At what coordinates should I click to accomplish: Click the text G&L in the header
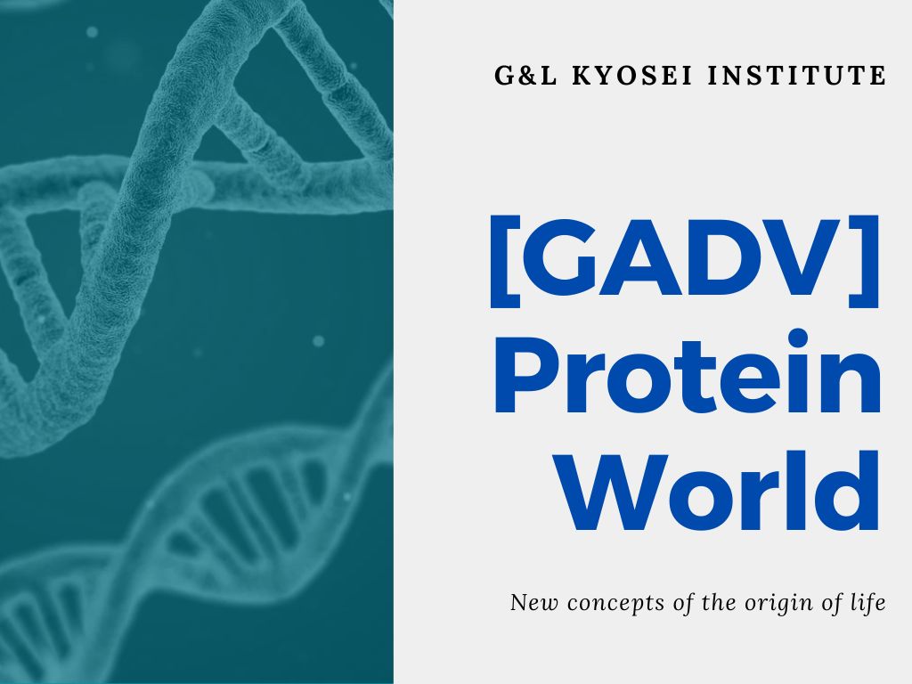525,76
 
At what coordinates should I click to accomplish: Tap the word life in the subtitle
868,603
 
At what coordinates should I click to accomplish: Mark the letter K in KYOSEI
580,76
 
